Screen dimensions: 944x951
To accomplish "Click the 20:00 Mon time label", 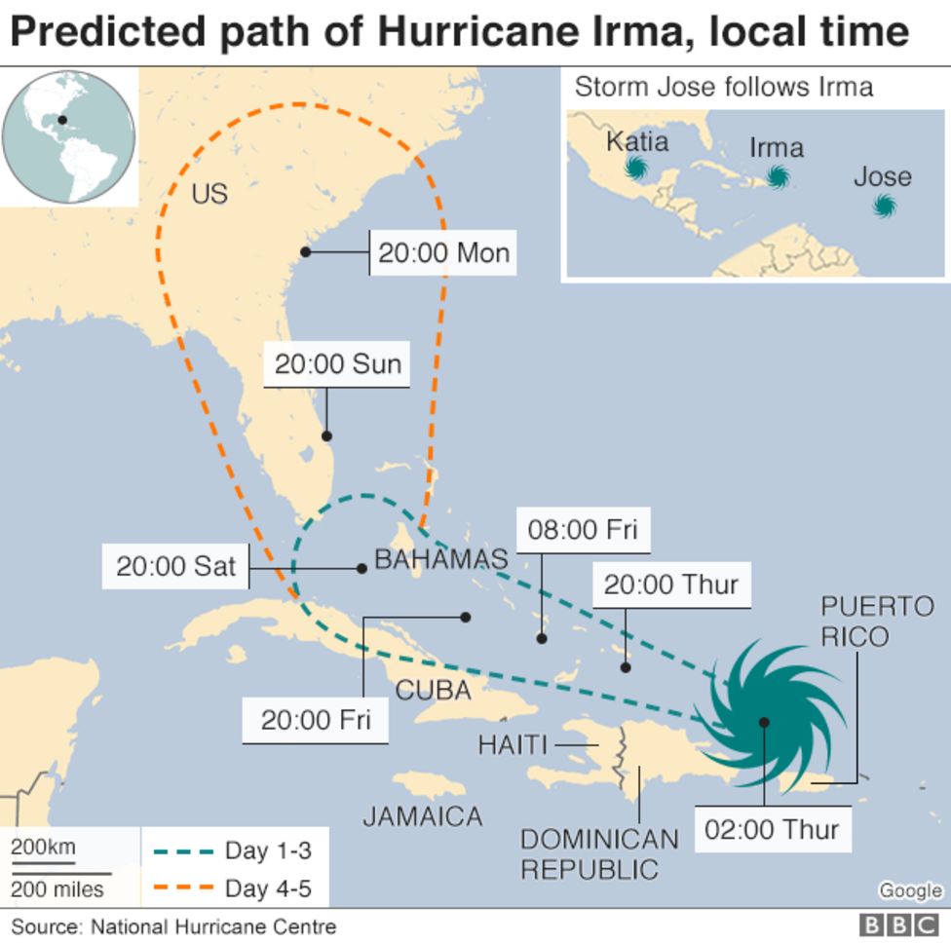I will point(443,253).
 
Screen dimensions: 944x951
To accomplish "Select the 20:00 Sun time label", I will point(337,364).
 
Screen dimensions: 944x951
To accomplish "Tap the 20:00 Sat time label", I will point(176,566).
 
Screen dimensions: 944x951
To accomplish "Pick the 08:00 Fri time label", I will point(583,530).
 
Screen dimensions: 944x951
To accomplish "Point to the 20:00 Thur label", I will point(671,585).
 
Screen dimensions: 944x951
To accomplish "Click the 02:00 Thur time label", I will point(771,830).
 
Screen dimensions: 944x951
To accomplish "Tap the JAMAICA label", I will point(423,815).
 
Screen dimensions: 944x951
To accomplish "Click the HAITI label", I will point(513,745).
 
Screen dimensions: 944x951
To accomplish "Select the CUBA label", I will point(434,691).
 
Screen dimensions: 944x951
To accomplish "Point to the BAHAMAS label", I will point(440,559).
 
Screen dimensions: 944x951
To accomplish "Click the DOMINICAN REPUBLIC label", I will point(598,853).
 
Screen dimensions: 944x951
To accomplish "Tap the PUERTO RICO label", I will point(877,622).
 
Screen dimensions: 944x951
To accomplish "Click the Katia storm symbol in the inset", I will point(636,169).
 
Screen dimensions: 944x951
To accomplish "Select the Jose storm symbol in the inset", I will point(884,205).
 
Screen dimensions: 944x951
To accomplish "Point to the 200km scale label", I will point(43,847).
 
